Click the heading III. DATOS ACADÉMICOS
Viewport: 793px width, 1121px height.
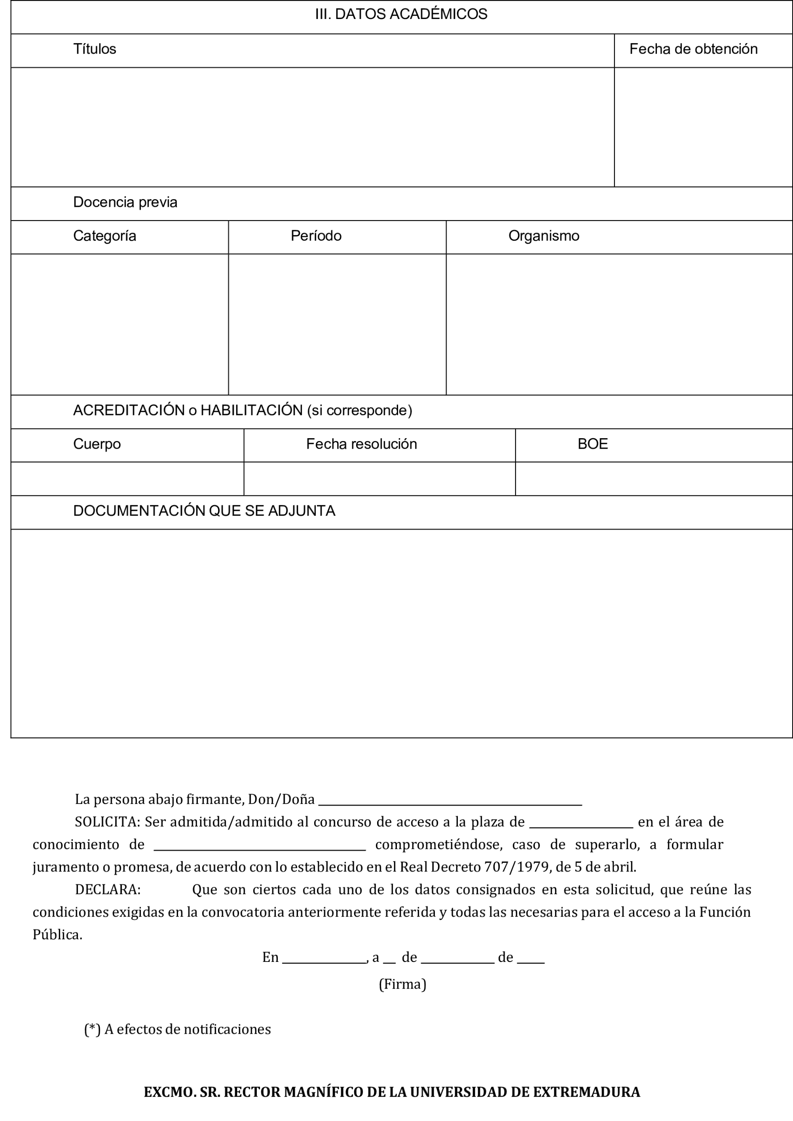click(401, 14)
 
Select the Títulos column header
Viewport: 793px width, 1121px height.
click(95, 49)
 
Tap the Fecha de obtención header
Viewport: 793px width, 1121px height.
click(693, 49)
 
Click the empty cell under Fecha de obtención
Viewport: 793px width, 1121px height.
click(703, 127)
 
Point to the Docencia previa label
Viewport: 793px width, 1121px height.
click(125, 203)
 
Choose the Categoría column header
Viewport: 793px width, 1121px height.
click(105, 236)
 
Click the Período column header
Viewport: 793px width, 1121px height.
click(316, 236)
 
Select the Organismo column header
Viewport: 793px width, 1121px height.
click(543, 236)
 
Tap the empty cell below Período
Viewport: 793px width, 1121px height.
click(337, 324)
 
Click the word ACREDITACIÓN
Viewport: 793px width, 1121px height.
click(129, 411)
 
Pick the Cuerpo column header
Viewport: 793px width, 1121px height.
click(97, 444)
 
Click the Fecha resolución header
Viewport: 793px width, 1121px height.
click(361, 444)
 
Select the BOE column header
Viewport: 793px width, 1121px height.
click(592, 444)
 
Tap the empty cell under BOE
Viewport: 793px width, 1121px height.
click(653, 479)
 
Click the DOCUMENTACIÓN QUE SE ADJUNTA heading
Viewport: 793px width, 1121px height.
click(204, 511)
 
